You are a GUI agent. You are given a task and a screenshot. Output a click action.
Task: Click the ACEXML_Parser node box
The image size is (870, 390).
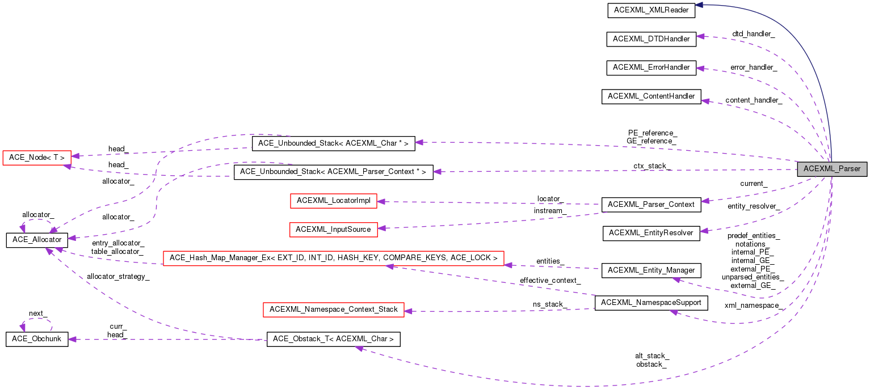point(832,169)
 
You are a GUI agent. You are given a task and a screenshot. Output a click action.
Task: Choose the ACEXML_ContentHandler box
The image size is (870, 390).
point(651,96)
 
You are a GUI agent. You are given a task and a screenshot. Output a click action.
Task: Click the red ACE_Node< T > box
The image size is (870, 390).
point(37,157)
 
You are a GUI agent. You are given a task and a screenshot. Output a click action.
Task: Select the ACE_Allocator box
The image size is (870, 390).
point(37,240)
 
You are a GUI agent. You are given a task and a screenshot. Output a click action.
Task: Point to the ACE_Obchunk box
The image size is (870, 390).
point(37,339)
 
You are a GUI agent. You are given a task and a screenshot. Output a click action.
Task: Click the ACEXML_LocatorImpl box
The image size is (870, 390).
point(333,201)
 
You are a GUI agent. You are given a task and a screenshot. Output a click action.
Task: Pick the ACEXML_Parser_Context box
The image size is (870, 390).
point(651,204)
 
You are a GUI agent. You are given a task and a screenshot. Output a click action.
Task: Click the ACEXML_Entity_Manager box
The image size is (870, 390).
point(651,270)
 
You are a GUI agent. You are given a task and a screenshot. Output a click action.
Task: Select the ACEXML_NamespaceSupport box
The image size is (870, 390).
point(651,303)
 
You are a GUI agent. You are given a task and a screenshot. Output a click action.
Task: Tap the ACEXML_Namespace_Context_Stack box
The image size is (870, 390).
point(334,310)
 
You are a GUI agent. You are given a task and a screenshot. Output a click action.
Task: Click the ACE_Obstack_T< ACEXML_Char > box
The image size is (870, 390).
point(334,339)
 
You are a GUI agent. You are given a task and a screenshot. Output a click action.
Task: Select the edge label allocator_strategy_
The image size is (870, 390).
point(118,277)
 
